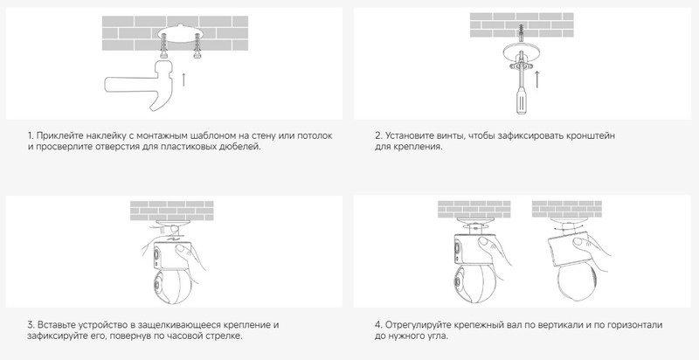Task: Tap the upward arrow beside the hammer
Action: point(183,80)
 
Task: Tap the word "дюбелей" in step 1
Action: point(243,147)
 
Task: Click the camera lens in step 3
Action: point(157,285)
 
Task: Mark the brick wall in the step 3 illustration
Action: point(171,211)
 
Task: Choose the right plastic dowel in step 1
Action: point(197,48)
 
